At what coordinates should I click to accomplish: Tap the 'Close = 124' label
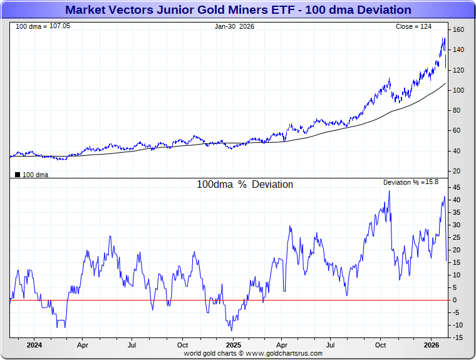point(413,26)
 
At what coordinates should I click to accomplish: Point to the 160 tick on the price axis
point(458,30)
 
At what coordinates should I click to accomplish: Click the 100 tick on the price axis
point(458,90)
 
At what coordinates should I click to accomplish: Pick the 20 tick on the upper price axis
point(457,171)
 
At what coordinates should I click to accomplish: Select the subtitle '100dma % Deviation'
point(245,185)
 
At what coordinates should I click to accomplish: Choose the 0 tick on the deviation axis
point(455,300)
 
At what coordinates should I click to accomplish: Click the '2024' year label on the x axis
point(34,345)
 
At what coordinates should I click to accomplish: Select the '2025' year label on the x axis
point(233,345)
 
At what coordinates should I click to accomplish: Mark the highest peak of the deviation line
point(389,191)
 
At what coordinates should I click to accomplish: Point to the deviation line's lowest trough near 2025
point(231,330)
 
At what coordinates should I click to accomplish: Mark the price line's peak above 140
point(444,38)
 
